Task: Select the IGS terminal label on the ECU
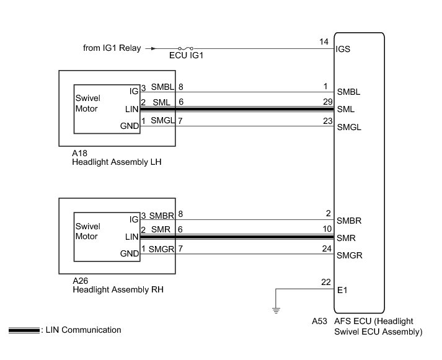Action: click(343, 48)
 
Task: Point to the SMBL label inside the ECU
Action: click(348, 92)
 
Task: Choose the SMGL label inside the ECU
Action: click(348, 128)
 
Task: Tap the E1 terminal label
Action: click(342, 289)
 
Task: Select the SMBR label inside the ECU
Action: click(349, 221)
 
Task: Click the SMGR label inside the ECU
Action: click(349, 255)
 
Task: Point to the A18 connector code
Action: click(79, 152)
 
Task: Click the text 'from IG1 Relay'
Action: click(112, 47)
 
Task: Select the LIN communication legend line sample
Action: click(24, 330)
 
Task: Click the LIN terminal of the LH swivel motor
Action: click(131, 108)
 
